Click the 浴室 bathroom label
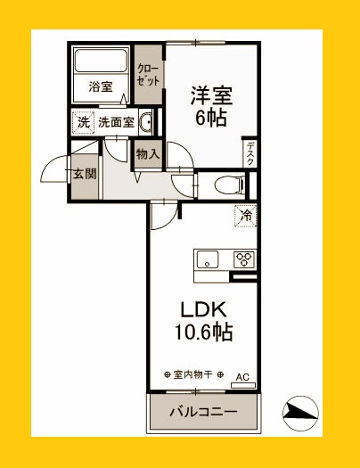pyautogui.click(x=100, y=86)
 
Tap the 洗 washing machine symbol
pyautogui.click(x=83, y=122)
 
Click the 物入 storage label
pyautogui.click(x=148, y=153)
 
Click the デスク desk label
pyautogui.click(x=250, y=153)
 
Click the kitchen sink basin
pyautogui.click(x=208, y=260)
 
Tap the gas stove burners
pyautogui.click(x=244, y=260)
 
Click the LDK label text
pyautogui.click(x=206, y=309)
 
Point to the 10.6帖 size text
pyautogui.click(x=206, y=333)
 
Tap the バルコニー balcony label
pyautogui.click(x=204, y=413)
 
